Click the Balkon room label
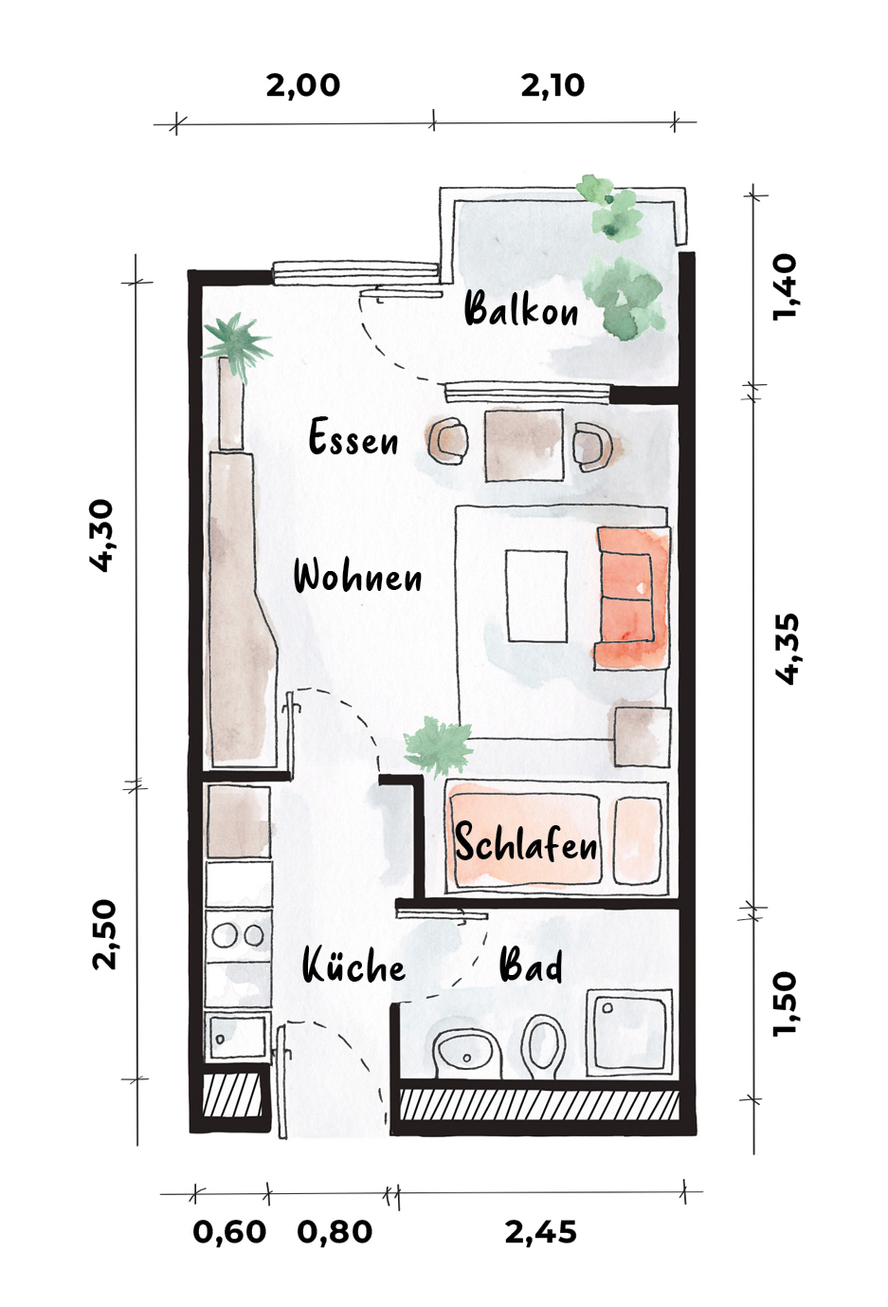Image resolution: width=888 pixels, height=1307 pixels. click(x=521, y=309)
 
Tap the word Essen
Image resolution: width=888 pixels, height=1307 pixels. click(x=353, y=437)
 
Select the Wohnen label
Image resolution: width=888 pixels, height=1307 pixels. click(x=357, y=577)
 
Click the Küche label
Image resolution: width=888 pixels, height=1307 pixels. click(x=353, y=966)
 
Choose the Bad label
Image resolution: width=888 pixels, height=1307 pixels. click(x=531, y=966)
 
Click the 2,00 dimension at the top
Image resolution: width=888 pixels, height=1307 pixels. click(x=302, y=85)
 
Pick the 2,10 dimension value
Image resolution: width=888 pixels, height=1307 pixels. click(x=553, y=85)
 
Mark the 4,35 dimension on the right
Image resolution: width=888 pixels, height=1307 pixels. click(x=785, y=648)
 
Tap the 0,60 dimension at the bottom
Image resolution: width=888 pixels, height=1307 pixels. click(x=229, y=1232)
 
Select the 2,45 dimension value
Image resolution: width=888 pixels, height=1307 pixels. click(x=540, y=1232)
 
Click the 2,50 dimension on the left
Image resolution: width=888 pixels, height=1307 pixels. click(x=105, y=935)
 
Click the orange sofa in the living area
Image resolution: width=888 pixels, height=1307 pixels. click(x=633, y=598)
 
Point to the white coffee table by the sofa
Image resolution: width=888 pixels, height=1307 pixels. click(x=536, y=596)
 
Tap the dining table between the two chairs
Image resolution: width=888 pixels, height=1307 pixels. click(x=524, y=445)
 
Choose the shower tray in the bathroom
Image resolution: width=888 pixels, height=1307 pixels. click(x=629, y=1033)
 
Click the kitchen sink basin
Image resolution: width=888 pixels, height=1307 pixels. click(x=238, y=1037)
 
